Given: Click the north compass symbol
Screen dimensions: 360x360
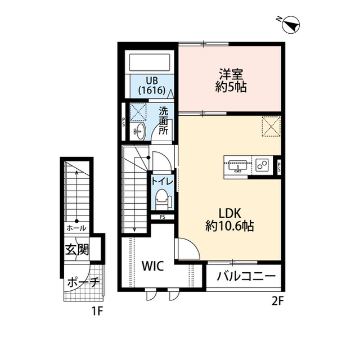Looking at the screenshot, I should click(x=291, y=24).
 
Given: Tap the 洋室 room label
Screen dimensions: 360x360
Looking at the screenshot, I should click(x=231, y=74).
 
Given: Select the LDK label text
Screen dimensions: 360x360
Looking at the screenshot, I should click(x=229, y=214).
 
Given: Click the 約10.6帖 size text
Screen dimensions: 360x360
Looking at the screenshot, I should click(x=229, y=227).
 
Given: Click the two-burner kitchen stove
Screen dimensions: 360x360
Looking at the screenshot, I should click(x=262, y=165).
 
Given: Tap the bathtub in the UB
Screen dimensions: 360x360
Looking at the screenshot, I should click(x=149, y=62).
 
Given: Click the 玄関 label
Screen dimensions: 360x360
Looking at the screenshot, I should click(x=76, y=249).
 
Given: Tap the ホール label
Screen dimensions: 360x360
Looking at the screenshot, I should click(x=76, y=228).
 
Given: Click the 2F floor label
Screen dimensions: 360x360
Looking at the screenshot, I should click(x=277, y=301).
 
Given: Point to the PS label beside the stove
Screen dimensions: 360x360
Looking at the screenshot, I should click(x=279, y=165).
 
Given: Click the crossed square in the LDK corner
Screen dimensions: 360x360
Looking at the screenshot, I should click(x=271, y=125).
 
